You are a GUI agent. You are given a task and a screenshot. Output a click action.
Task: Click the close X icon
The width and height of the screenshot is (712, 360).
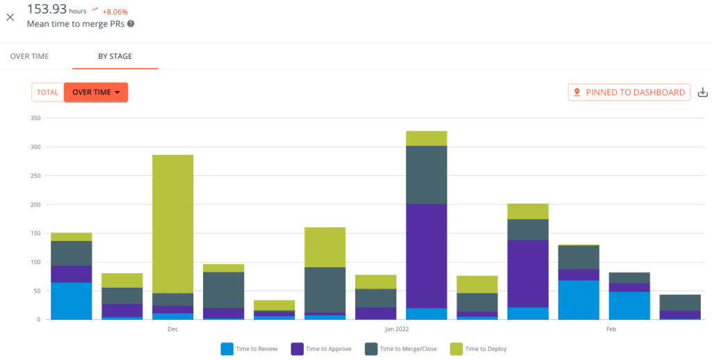(x=10, y=17)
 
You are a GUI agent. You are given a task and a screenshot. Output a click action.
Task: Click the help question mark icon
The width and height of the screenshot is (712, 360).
(x=131, y=24)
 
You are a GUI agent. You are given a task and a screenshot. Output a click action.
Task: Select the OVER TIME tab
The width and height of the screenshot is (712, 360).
(x=30, y=56)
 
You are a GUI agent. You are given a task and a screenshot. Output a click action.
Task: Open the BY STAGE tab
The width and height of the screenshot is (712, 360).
(x=115, y=56)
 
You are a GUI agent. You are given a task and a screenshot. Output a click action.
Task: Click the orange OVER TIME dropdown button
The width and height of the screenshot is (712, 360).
(x=96, y=92)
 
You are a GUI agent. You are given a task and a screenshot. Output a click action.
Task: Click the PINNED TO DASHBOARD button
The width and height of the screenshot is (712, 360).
(x=629, y=92)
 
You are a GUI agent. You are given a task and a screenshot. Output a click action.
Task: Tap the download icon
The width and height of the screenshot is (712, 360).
(x=702, y=92)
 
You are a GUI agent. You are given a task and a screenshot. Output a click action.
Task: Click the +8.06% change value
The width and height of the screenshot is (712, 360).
(x=115, y=12)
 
